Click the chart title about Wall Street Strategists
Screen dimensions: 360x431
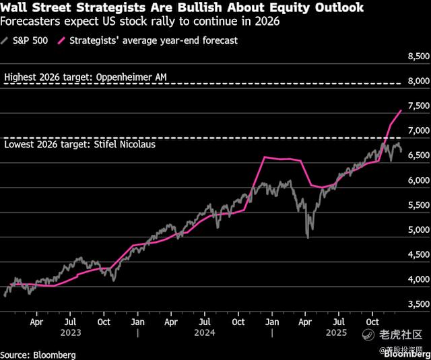tap(183, 8)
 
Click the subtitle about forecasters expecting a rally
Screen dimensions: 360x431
tap(139, 22)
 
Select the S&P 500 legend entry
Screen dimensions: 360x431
tap(26, 40)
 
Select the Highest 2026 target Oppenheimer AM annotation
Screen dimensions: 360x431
tap(85, 77)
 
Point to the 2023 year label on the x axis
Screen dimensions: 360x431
tap(71, 332)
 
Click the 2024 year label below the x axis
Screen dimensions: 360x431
tap(205, 332)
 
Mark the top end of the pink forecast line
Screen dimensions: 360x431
tap(401, 110)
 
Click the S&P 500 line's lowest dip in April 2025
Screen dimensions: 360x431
tap(308, 237)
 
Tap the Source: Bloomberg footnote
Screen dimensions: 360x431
tap(38, 354)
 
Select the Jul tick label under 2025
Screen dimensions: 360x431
tap(340, 322)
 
